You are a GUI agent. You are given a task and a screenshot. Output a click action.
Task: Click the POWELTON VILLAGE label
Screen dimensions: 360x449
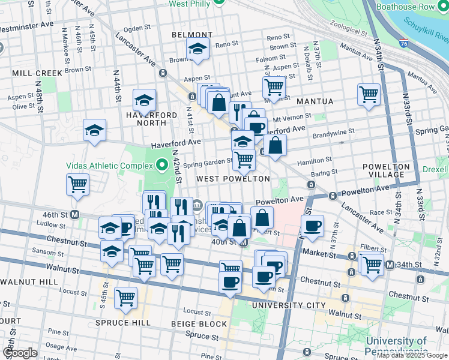387,170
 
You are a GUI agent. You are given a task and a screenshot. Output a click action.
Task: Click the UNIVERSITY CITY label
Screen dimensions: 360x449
285,305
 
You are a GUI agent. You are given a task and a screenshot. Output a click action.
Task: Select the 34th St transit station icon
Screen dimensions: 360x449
390,265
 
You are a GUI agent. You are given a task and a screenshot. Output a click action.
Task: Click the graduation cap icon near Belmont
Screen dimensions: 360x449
197,50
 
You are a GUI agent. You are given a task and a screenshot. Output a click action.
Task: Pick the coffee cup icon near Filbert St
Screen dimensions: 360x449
312,226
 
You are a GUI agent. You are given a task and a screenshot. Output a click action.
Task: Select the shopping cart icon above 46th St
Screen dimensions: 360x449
78,184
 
